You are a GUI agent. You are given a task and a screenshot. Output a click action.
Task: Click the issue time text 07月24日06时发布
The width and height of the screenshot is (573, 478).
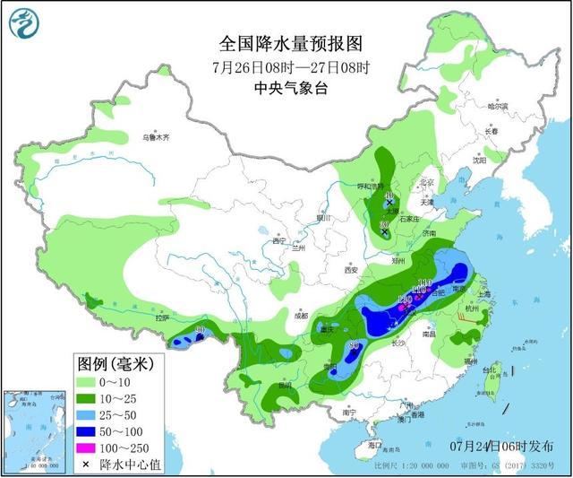click(x=501, y=446)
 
